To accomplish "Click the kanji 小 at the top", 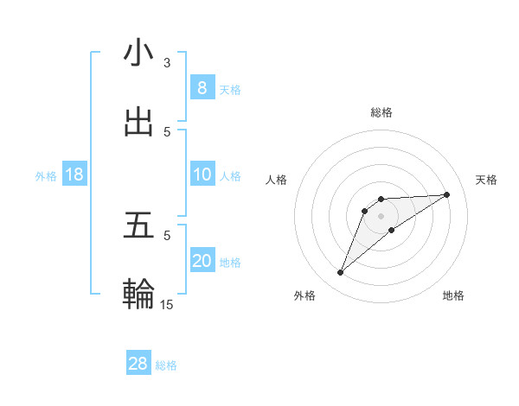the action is (x=138, y=54).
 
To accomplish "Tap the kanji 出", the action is (x=138, y=124).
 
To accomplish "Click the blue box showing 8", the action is (x=202, y=87).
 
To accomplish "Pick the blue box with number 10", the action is (x=202, y=174).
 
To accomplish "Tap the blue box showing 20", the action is (x=202, y=260).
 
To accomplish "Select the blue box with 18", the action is (x=74, y=174).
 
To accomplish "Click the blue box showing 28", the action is (x=138, y=364).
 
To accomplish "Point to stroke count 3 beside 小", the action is (x=167, y=63).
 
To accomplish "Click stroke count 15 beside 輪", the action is (x=167, y=304).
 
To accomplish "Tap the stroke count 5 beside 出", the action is (x=167, y=131).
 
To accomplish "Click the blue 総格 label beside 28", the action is (x=166, y=365).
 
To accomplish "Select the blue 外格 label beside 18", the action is (x=46, y=176).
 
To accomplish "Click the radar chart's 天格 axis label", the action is (x=486, y=180).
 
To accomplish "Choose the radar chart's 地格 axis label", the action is (x=453, y=295).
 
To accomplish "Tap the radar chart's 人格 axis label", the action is (x=277, y=180).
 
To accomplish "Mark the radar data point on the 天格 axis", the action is (x=447, y=194).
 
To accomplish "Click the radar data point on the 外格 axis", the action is (x=340, y=273).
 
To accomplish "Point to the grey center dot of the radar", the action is (x=381, y=215).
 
